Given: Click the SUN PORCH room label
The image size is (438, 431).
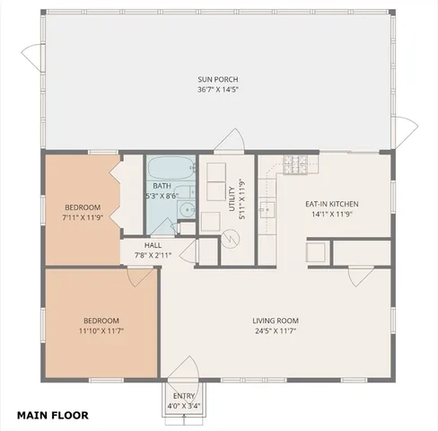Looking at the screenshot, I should (x=218, y=80).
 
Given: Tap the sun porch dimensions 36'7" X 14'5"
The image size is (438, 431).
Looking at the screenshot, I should (x=218, y=90).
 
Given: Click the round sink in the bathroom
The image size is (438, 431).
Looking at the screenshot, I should (x=186, y=210).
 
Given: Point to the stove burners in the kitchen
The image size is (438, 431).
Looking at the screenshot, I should (x=295, y=164).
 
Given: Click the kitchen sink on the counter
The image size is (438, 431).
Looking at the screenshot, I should (x=267, y=210).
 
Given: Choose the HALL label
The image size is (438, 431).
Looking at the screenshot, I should (x=153, y=245).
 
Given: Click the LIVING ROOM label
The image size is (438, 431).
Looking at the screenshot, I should (x=275, y=321).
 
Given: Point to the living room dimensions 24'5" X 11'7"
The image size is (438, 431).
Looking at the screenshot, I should (x=275, y=330).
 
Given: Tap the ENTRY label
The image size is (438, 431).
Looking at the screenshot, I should (x=184, y=396).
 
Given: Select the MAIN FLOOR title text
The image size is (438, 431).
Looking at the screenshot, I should (x=52, y=416).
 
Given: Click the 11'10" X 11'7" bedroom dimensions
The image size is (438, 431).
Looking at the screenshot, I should (x=101, y=330).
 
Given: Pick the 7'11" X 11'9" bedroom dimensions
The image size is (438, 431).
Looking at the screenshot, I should (x=83, y=216).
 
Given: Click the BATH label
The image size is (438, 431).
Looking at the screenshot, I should (x=162, y=186).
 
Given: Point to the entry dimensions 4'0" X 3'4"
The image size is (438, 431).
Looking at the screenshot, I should (x=184, y=406).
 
